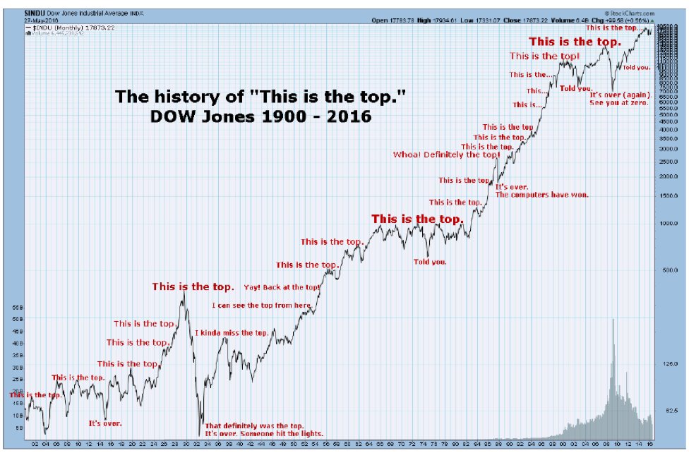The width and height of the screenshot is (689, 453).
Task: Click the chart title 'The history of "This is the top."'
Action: [x=260, y=97]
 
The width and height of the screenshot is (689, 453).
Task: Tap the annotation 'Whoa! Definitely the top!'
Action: [x=446, y=155]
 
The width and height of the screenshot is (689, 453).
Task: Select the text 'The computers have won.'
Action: [x=541, y=194]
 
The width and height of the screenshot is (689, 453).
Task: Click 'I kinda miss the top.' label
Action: [x=232, y=332]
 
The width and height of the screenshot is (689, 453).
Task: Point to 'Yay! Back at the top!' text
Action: [x=282, y=287]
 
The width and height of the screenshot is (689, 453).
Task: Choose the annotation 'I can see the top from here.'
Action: [x=262, y=306]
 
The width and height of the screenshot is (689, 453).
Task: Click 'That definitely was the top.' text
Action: [x=254, y=426]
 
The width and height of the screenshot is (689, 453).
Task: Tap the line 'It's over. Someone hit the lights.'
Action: [x=264, y=434]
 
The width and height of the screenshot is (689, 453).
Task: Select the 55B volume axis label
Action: [x=18, y=309]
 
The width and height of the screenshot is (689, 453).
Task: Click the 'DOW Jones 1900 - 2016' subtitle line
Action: [x=260, y=117]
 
